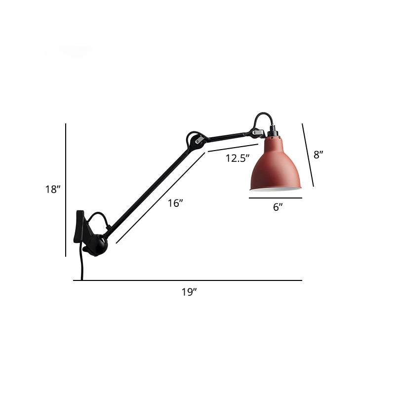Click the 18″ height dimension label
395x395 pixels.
tap(52, 189)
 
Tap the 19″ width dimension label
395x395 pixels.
tap(189, 292)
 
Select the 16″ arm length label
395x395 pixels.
tap(176, 203)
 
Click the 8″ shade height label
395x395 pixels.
tap(318, 155)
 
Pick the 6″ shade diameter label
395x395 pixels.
tap(277, 207)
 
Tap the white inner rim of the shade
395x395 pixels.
tap(276, 189)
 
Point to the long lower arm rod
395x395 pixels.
tap(148, 188)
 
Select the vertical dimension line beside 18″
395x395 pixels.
tap(66, 190)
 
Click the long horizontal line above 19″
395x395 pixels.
tap(188, 280)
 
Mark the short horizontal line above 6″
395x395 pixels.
tap(276, 198)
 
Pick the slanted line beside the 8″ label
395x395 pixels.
tap(308, 155)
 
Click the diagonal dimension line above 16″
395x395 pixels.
tap(160, 197)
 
